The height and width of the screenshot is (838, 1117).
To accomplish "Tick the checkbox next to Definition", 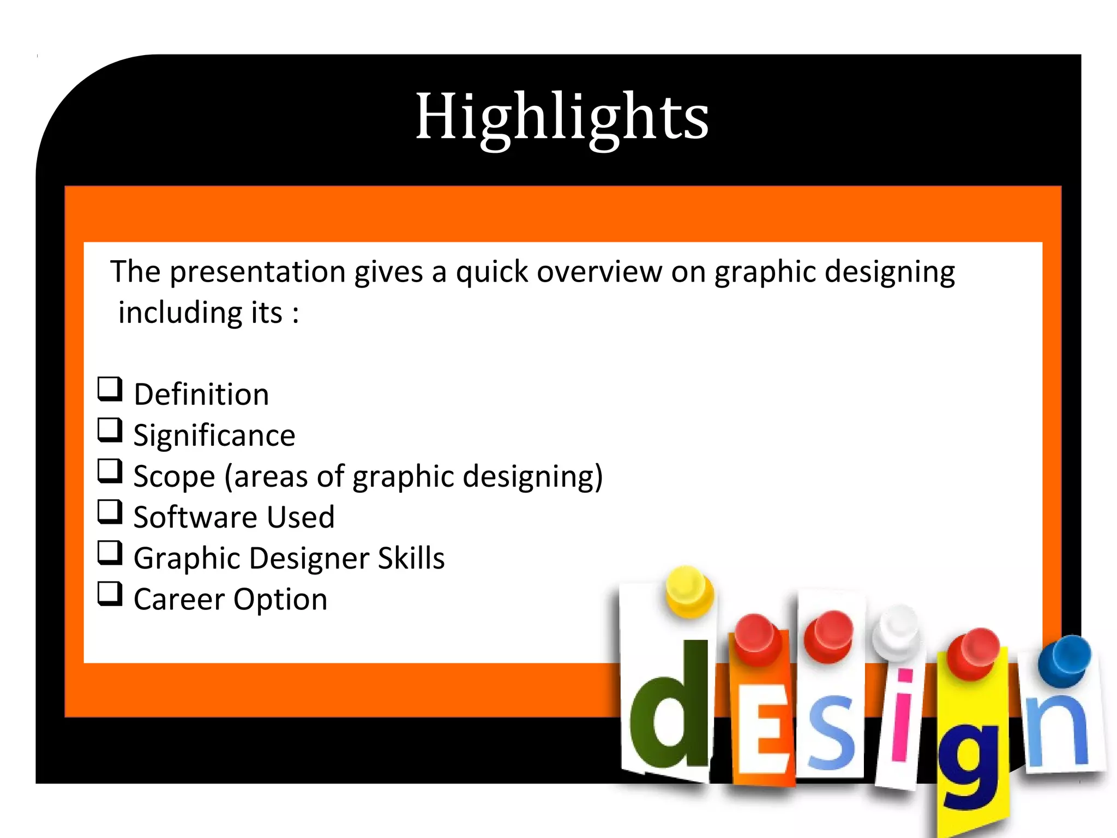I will pyautogui.click(x=110, y=390).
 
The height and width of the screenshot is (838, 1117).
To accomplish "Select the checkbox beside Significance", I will pyautogui.click(x=110, y=430).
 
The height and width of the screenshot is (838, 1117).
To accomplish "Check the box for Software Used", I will pyautogui.click(x=110, y=512).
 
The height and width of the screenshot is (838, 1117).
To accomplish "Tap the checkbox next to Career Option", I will pyautogui.click(x=110, y=594).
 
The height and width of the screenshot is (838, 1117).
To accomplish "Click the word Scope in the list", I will pyautogui.click(x=174, y=477).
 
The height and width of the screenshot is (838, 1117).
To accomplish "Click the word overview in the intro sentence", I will pyautogui.click(x=599, y=272).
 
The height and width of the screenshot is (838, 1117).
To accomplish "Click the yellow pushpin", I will pyautogui.click(x=688, y=591).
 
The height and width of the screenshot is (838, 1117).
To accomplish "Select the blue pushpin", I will pyautogui.click(x=1065, y=660).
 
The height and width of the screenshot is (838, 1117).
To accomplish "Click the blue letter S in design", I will pyautogui.click(x=830, y=731).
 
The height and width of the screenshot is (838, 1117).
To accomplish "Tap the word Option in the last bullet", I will pyautogui.click(x=280, y=600).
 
